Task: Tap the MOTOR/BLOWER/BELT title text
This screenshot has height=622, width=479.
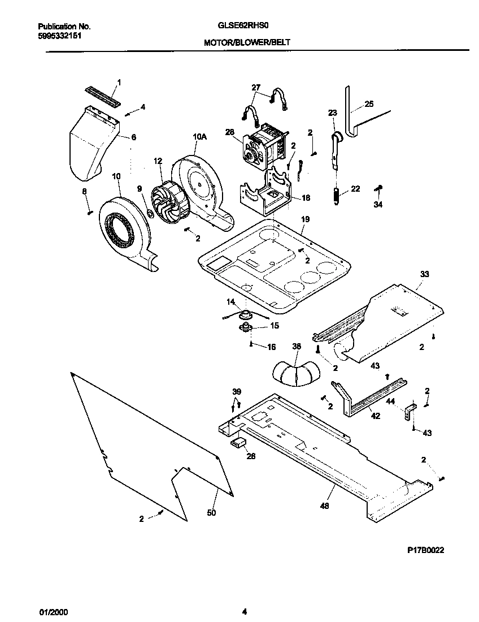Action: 247,42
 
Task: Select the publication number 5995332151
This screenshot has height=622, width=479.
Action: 61,35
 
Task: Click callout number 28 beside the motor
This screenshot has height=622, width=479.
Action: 230,132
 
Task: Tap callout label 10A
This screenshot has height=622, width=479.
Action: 199,136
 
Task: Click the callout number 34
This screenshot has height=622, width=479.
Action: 378,205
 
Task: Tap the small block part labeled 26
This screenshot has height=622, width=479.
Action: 237,442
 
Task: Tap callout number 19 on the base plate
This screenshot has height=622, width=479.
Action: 306,219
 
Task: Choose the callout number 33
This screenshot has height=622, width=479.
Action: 424,274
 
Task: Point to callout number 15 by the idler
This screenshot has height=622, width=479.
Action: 275,326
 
